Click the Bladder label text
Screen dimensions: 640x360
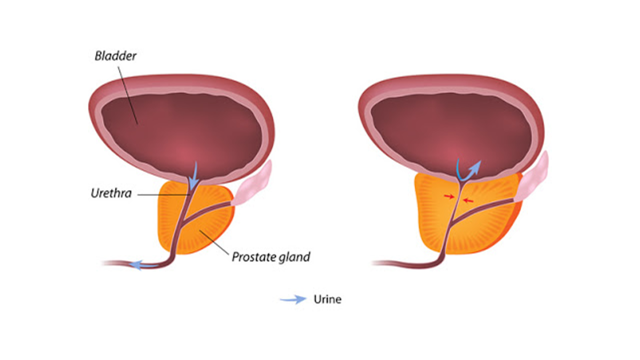[x=115, y=56]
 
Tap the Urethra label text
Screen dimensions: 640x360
[x=111, y=194]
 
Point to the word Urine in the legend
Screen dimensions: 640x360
[x=327, y=300]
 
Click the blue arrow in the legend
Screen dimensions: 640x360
[x=293, y=300]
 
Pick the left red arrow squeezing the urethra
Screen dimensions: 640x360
[x=449, y=196]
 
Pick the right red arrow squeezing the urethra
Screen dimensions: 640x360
[x=468, y=200]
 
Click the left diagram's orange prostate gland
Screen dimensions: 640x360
[x=211, y=230]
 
